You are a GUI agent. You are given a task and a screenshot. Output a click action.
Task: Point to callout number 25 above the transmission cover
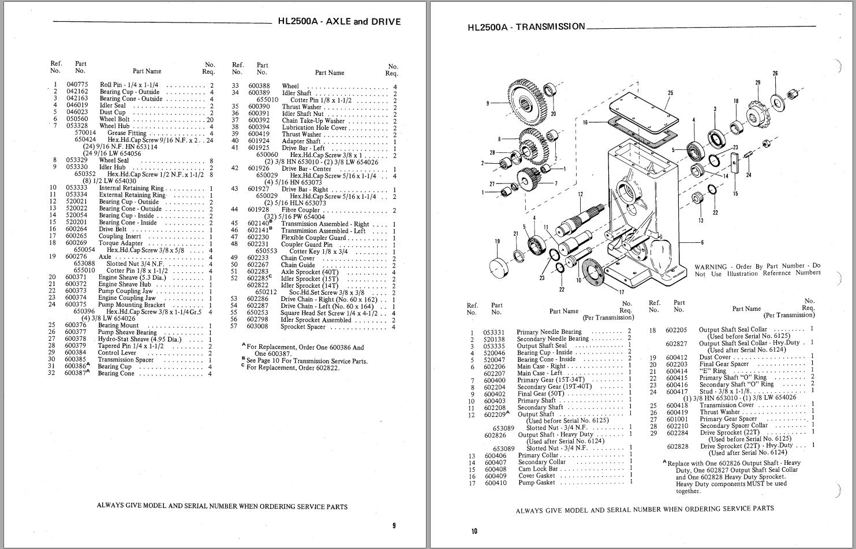coord(670,93)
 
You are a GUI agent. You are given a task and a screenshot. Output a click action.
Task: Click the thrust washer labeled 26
coord(777,103)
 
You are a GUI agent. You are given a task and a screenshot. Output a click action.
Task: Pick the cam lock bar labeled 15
coord(735,164)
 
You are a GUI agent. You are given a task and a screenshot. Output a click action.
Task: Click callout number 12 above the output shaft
coord(580,194)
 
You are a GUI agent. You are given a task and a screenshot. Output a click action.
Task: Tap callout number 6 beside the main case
coord(702,242)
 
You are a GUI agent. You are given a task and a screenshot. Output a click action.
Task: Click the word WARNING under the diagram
coord(709,267)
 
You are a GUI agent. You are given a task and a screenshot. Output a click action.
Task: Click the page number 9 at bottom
coord(394,525)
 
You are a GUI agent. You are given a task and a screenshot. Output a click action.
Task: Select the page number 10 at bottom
coord(474,531)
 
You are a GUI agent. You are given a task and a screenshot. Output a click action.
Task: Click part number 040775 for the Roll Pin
coord(77,85)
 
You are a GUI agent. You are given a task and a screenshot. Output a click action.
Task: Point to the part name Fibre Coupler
coord(300,210)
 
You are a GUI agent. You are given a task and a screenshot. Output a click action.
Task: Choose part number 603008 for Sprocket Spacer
coord(258,326)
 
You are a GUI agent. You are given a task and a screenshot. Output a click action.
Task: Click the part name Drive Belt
coord(113,230)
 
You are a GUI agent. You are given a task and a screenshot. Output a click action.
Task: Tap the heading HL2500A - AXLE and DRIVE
coord(339,22)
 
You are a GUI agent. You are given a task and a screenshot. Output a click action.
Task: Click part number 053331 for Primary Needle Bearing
coord(494,332)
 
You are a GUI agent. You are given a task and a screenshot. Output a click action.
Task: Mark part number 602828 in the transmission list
coord(678,446)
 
